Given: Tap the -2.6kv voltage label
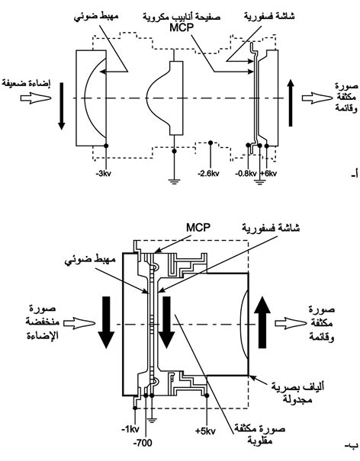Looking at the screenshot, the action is [x=208, y=174].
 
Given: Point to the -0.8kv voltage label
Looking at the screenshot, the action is [x=246, y=174].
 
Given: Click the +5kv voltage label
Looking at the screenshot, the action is [x=205, y=431].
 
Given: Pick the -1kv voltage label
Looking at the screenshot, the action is [x=130, y=429].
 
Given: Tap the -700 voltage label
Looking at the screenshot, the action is [x=143, y=443].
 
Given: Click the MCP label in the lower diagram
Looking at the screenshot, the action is [x=198, y=227].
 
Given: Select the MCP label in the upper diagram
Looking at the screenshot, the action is [x=182, y=27].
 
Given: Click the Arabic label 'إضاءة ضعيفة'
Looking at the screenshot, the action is [x=26, y=84].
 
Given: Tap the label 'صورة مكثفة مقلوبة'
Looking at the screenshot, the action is [x=259, y=435].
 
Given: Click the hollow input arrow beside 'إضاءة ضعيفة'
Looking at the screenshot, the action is [x=36, y=98].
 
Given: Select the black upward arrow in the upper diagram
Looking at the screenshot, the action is [x=291, y=103].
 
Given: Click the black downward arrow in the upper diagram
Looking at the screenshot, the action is [x=61, y=106].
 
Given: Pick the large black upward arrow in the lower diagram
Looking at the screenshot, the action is [x=262, y=322].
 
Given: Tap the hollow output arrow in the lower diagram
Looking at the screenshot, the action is [x=291, y=323].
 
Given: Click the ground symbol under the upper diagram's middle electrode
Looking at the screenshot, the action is [x=174, y=181].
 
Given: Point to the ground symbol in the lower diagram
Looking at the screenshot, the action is [x=152, y=420].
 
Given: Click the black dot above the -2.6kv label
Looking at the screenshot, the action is [x=211, y=142].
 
